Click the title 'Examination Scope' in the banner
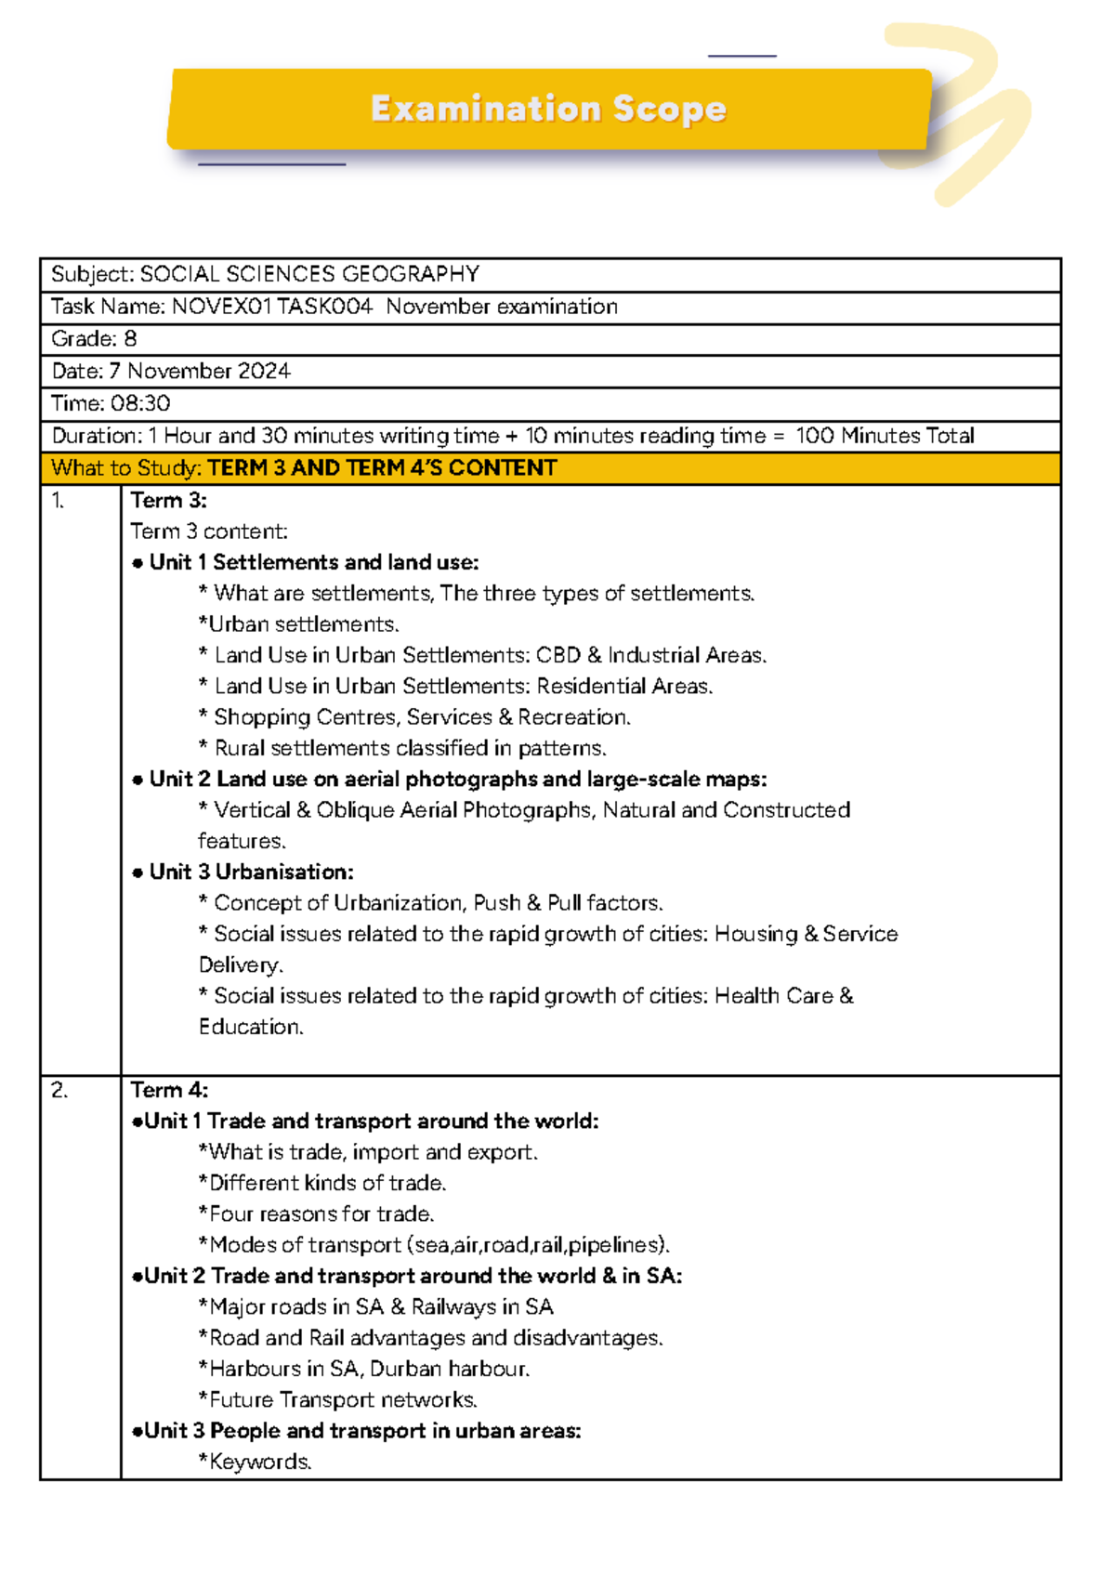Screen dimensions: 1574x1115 (548, 109)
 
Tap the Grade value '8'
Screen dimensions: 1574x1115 (130, 339)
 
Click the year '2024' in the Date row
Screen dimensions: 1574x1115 (264, 372)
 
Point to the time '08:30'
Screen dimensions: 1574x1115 (140, 403)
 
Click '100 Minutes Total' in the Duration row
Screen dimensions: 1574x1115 (885, 436)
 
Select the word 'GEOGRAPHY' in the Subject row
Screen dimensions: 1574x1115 (411, 274)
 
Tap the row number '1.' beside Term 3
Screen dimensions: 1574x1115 (58, 501)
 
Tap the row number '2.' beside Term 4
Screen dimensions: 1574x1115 (59, 1091)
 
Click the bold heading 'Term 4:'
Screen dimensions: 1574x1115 (169, 1090)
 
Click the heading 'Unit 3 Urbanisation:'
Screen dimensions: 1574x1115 (251, 872)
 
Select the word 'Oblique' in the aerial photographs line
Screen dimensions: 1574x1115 (355, 810)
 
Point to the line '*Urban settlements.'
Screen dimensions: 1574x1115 (298, 624)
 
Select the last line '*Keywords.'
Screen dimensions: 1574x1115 (255, 1462)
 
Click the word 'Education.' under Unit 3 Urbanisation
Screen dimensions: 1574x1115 (251, 1027)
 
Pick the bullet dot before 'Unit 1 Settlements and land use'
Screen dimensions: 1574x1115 (138, 563)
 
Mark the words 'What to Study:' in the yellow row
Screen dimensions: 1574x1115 (125, 468)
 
